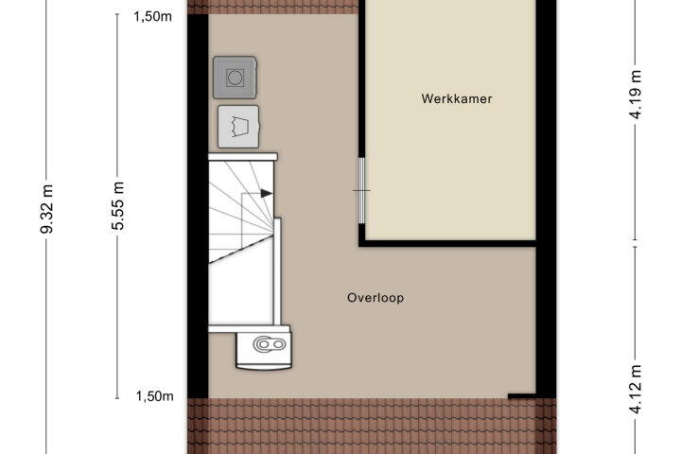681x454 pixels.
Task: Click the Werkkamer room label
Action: coord(457,98)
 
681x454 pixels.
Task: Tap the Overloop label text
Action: coord(375,298)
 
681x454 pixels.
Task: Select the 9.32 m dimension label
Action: coord(46,209)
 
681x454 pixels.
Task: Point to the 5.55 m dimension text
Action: coord(117,206)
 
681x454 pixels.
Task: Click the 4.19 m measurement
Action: coord(636,95)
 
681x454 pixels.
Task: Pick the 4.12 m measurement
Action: coord(636,390)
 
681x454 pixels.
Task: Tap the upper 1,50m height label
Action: coord(152,16)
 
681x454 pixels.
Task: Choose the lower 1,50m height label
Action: coord(154,396)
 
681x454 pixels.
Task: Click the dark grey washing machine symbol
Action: coord(235,78)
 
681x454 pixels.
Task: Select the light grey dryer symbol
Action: coord(238,127)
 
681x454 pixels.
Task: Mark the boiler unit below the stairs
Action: coord(264,347)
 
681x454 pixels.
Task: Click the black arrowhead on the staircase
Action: coord(266,193)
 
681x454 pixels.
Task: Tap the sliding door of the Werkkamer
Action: coord(361,190)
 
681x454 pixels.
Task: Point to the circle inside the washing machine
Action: coord(235,79)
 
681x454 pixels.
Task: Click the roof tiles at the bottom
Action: coord(372,426)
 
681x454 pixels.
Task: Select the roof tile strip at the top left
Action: coord(272,7)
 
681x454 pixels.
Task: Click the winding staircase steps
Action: coord(241,212)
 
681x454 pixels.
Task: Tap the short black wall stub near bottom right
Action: coord(521,395)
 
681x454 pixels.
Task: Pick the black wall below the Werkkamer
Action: coord(447,243)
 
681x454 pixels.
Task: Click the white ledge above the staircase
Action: coord(243,156)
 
